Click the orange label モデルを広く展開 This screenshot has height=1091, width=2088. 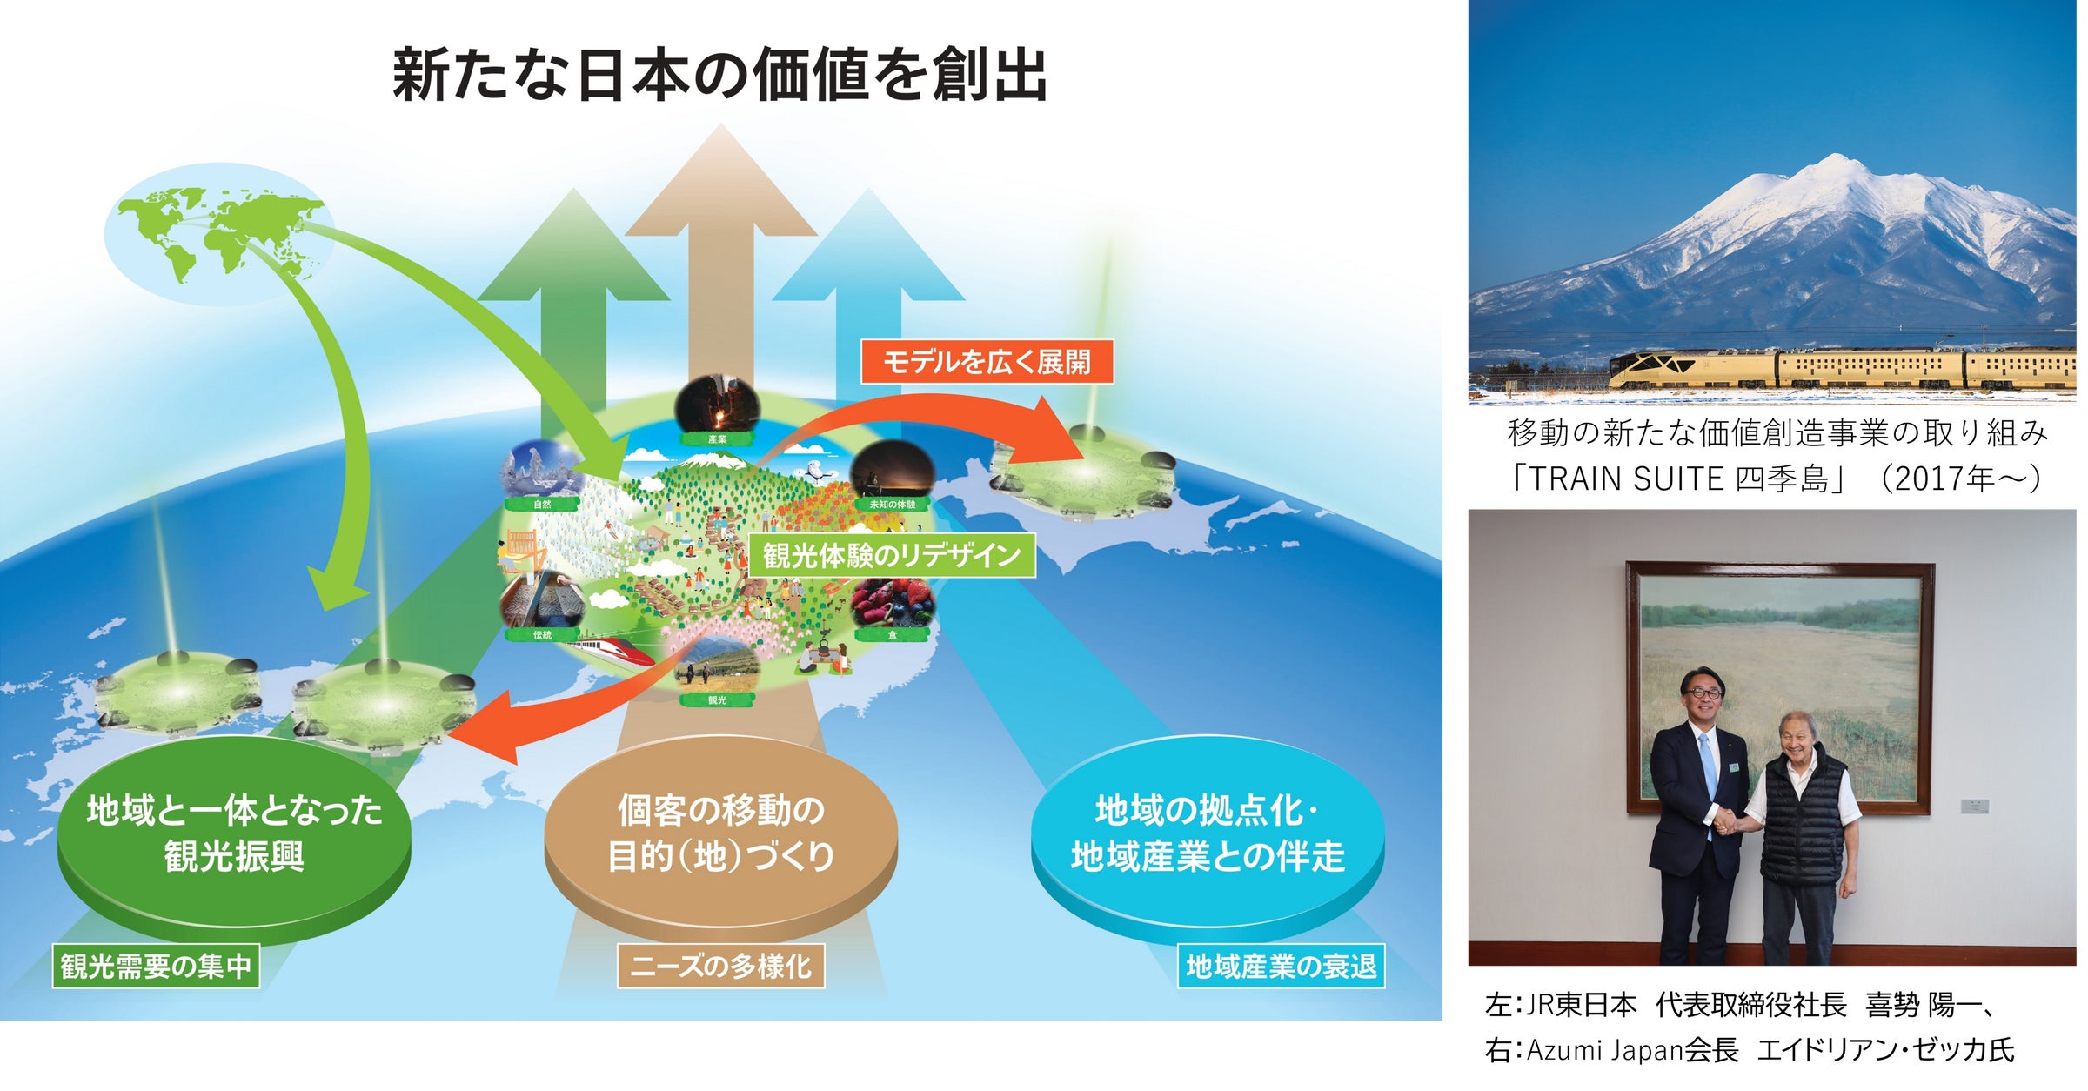click(987, 361)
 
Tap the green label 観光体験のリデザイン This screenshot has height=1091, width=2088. click(892, 555)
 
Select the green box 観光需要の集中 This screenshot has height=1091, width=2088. click(156, 966)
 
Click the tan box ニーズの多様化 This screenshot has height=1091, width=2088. click(720, 966)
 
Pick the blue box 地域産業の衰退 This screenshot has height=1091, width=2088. click(1282, 966)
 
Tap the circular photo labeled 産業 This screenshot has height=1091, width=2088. click(718, 407)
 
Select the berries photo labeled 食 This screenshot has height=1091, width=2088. click(892, 605)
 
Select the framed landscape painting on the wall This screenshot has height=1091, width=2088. click(1780, 687)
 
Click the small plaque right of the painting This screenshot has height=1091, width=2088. click(1974, 806)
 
